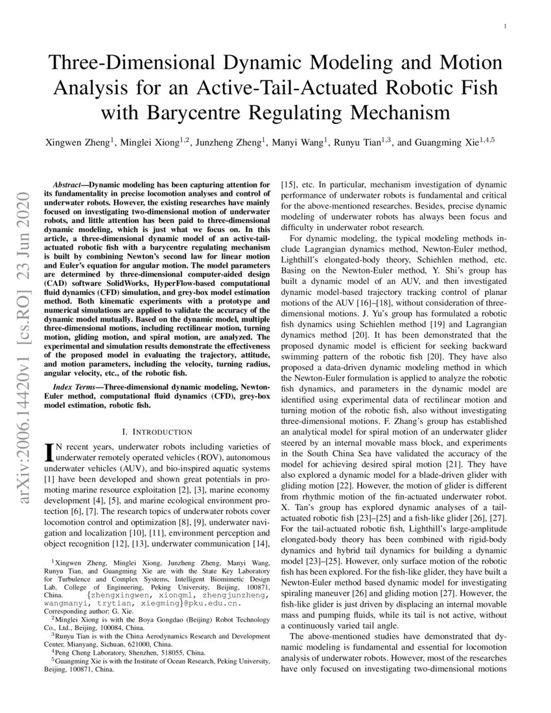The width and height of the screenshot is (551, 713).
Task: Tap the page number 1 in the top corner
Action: coord(504,27)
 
